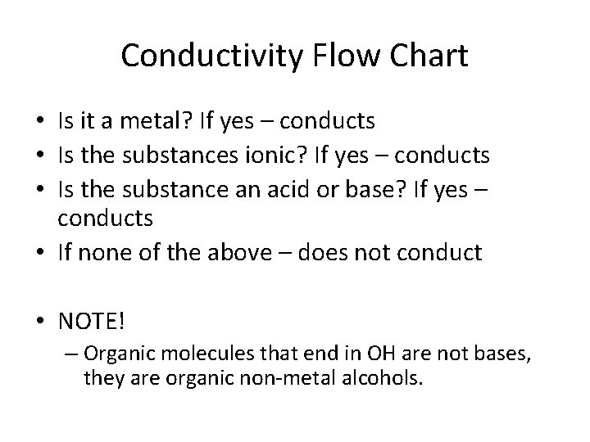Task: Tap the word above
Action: point(231,253)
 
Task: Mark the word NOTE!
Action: point(93,320)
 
